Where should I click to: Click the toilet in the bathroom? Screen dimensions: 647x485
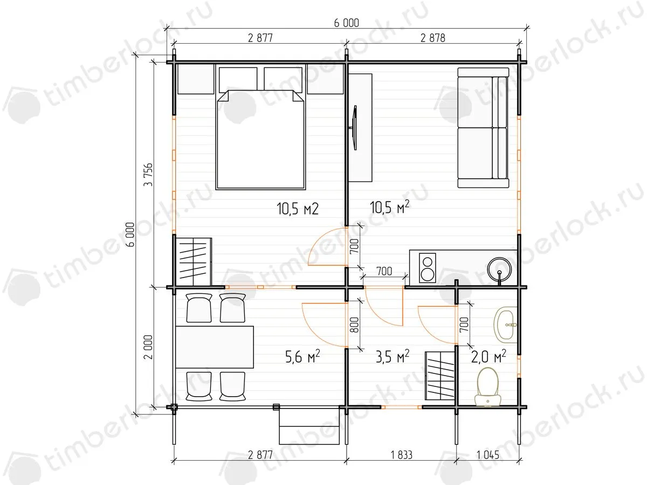click(x=488, y=387)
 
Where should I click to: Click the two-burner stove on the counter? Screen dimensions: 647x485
click(x=427, y=268)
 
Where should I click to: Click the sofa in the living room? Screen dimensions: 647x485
click(x=483, y=128)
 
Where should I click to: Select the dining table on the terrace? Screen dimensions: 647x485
click(x=215, y=347)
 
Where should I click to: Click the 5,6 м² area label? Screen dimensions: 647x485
click(x=302, y=357)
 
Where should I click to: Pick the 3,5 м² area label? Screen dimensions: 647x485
click(x=393, y=357)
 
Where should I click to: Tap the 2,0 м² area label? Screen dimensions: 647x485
click(x=488, y=357)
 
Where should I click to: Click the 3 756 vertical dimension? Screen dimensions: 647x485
click(x=149, y=174)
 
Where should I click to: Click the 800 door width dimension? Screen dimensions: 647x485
click(x=355, y=325)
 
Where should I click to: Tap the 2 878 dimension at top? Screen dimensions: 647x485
click(x=433, y=38)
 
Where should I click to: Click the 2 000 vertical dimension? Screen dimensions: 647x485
click(x=149, y=347)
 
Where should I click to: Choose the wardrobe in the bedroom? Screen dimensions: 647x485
click(x=194, y=262)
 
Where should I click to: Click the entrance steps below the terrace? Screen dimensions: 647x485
click(x=309, y=426)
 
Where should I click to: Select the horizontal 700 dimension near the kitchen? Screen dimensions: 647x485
click(x=384, y=271)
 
